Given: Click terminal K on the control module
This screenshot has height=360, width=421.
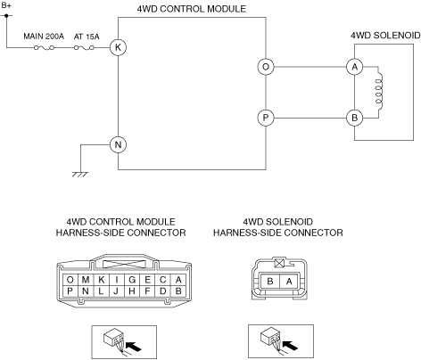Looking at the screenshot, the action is (x=118, y=47).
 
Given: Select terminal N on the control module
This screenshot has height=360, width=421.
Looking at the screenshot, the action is (x=118, y=144).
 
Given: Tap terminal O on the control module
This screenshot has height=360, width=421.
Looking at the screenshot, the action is (x=266, y=67).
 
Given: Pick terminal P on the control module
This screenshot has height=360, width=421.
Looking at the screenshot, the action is (x=266, y=118).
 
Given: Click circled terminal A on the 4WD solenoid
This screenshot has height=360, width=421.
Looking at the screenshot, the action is (x=354, y=67).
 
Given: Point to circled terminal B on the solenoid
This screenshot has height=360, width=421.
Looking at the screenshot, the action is (x=354, y=118).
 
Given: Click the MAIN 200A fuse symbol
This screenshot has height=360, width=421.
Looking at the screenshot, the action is (x=44, y=47).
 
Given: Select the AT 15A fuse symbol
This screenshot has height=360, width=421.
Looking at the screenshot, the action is (x=84, y=47).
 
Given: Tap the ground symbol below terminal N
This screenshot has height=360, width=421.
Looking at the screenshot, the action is (x=80, y=175).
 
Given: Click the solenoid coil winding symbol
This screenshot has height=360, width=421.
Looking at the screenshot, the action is (x=379, y=91).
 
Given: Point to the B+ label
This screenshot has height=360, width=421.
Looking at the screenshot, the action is (x=6, y=5).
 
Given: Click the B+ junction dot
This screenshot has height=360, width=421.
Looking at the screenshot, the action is (x=6, y=15).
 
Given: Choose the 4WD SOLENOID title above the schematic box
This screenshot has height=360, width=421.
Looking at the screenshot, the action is (x=385, y=36).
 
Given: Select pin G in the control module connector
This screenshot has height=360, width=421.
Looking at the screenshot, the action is (x=132, y=280).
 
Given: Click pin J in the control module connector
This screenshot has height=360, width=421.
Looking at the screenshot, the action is (x=116, y=291).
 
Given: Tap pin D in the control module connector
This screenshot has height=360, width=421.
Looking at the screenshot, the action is (x=162, y=291).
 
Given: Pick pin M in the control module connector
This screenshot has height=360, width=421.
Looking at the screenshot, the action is (x=86, y=280).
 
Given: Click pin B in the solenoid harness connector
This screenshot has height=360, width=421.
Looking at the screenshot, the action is (x=270, y=281).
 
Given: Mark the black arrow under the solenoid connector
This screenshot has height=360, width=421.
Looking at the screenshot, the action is (x=290, y=345).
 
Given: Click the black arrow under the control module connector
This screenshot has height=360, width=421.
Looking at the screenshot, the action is (x=134, y=347).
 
